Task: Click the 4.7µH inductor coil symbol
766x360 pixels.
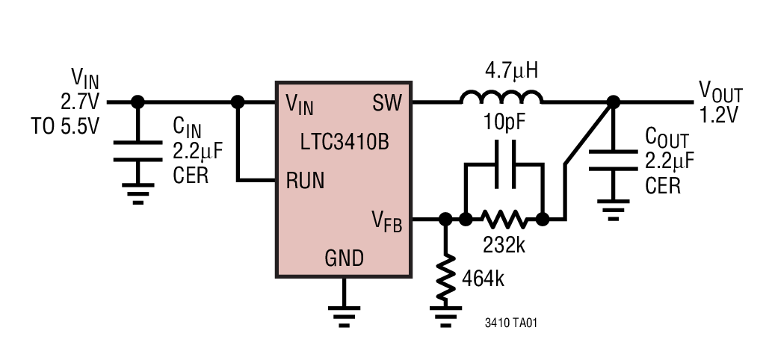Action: tap(501, 98)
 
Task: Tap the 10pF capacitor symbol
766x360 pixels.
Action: tap(501, 171)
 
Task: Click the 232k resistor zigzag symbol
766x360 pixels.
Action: tap(504, 220)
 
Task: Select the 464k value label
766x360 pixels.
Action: tap(483, 279)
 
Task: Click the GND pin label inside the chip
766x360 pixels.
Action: tap(344, 258)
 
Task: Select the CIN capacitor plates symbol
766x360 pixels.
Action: tap(138, 151)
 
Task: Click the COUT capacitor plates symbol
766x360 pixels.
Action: tap(613, 160)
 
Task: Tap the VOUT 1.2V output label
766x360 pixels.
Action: tap(720, 102)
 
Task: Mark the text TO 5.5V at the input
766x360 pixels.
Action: tap(65, 126)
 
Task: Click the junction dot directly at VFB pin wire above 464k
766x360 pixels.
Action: tap(446, 220)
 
